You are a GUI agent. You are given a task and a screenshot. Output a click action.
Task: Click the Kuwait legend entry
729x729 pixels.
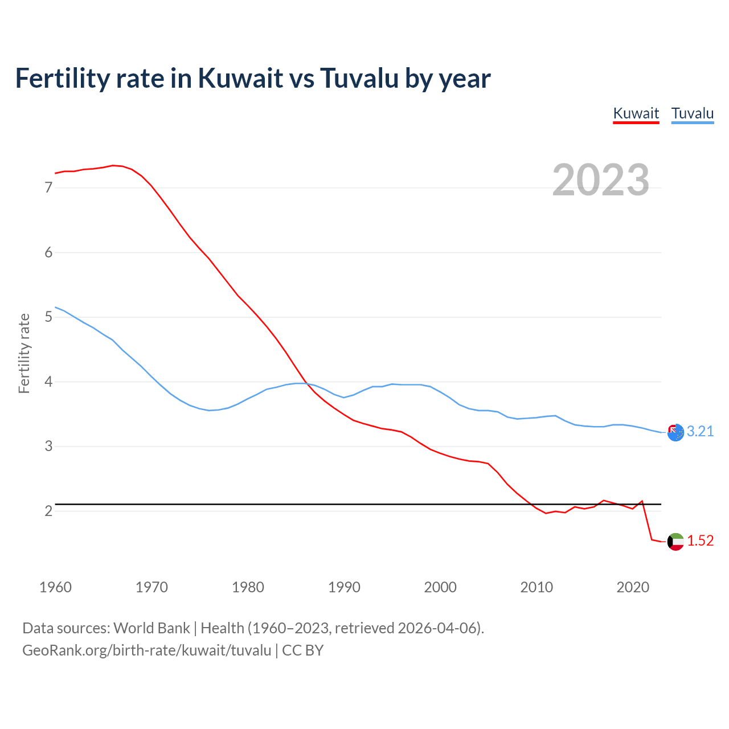(x=636, y=113)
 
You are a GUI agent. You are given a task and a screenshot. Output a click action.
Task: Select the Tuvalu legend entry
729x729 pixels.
(x=692, y=113)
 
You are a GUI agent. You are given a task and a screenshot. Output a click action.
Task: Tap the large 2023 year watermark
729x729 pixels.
(x=601, y=180)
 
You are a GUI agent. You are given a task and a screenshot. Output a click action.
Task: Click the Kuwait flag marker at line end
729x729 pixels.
(x=675, y=542)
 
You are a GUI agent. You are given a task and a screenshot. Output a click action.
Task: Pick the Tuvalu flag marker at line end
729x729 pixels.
(x=675, y=432)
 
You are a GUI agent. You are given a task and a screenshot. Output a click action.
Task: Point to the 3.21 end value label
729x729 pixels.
(x=700, y=432)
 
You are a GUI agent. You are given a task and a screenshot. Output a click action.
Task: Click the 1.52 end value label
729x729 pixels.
(x=700, y=541)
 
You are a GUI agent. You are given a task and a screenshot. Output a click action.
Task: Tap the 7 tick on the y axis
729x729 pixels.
(x=48, y=188)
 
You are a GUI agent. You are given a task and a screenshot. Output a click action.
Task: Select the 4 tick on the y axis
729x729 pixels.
(x=48, y=382)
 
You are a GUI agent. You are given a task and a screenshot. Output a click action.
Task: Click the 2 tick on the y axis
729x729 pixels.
(x=48, y=511)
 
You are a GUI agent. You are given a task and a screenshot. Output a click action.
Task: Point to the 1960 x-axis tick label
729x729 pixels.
(x=55, y=587)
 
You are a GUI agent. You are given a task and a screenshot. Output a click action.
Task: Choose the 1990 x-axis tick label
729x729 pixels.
(x=344, y=587)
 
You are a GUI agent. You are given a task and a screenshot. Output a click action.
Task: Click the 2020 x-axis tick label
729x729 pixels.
(x=633, y=587)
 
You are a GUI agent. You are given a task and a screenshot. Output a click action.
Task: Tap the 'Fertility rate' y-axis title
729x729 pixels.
(x=24, y=353)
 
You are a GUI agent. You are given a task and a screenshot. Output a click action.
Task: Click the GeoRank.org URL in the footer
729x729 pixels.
(x=146, y=650)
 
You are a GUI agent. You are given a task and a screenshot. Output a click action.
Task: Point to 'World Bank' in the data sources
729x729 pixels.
(x=151, y=628)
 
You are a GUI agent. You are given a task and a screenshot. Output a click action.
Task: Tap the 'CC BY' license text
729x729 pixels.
(x=303, y=650)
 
